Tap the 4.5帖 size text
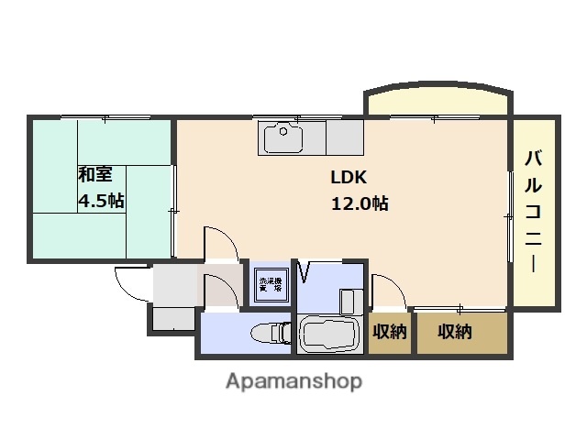tap(100, 202)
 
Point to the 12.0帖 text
tap(360, 203)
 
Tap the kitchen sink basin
tap(283, 138)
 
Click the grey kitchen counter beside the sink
tap(345, 138)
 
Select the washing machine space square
tap(270, 284)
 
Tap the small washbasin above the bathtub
tap(350, 301)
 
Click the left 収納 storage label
tap(390, 332)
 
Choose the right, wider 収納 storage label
tap(455, 332)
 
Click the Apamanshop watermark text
tap(293, 380)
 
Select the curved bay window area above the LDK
tap(437, 102)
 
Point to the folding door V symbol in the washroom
tap(305, 272)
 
